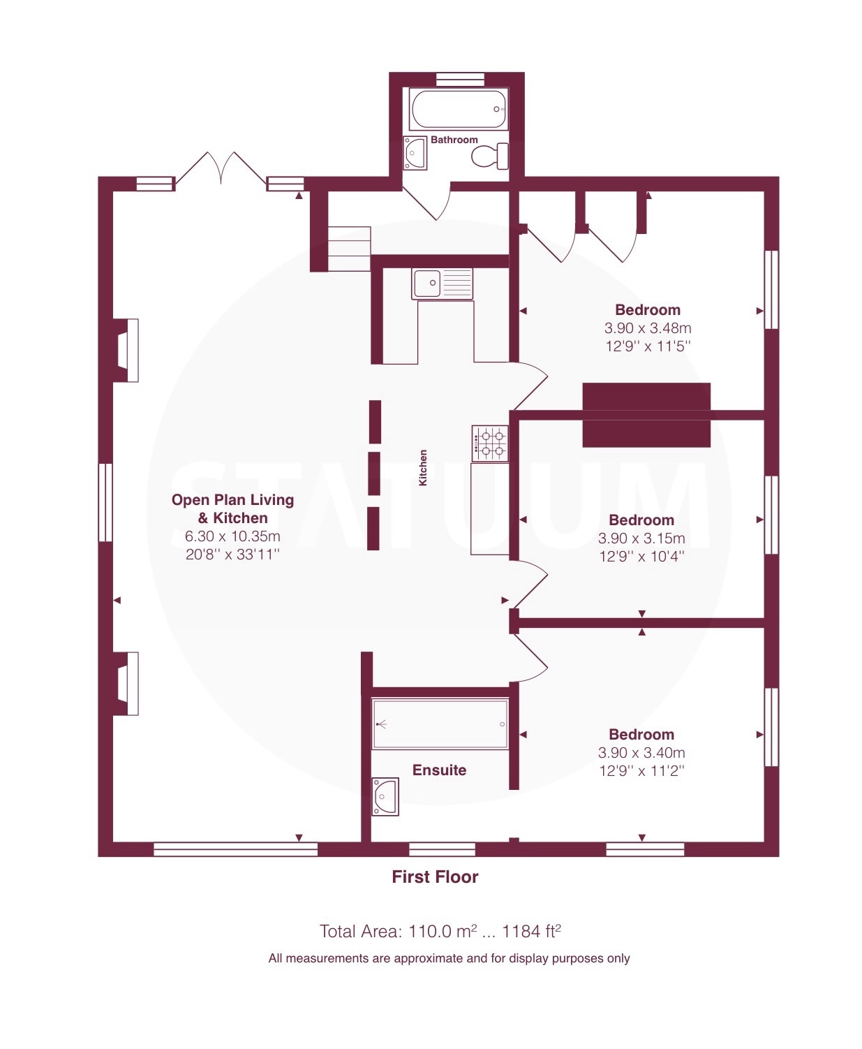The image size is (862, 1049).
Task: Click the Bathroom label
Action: tap(454, 140)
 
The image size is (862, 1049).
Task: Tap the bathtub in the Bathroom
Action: tap(459, 110)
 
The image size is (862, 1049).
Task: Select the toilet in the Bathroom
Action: tap(490, 156)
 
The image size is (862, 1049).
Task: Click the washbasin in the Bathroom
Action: tap(415, 153)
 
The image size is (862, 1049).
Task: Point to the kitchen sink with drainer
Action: tap(442, 284)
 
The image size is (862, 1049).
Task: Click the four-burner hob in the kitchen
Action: tap(490, 443)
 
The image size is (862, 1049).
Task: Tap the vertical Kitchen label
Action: tap(422, 467)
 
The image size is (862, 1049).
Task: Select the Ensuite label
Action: tap(440, 770)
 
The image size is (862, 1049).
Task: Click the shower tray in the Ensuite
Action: tap(440, 724)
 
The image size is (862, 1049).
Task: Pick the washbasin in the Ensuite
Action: tap(385, 797)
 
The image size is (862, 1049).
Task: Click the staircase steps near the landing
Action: tap(349, 249)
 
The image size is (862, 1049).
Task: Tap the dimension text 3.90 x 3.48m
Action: tap(648, 328)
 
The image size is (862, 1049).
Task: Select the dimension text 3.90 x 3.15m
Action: tap(641, 538)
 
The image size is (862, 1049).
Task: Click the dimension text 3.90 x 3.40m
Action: tap(641, 753)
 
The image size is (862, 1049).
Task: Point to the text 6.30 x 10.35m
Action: tap(232, 536)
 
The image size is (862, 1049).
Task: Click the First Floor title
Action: tap(435, 876)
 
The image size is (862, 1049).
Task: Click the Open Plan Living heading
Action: tap(232, 500)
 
